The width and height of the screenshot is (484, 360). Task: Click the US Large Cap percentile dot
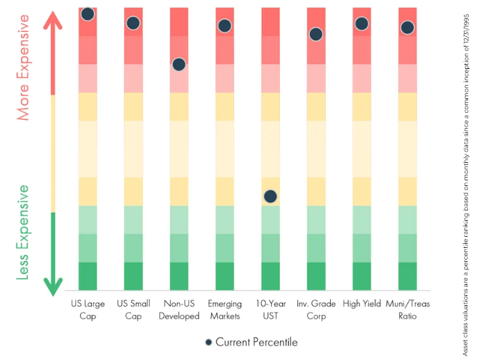tap(88, 14)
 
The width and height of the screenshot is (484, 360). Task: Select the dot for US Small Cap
tap(133, 23)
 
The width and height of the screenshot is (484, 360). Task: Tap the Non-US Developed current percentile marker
tap(179, 65)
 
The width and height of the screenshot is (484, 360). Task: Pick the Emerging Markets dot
tap(225, 26)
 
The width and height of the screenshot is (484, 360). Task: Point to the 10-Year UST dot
tap(270, 196)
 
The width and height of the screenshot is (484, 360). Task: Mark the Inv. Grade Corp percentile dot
tap(316, 34)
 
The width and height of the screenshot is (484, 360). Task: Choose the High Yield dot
tap(361, 24)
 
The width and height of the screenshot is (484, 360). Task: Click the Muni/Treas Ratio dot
tap(407, 28)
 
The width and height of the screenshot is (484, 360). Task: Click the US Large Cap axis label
tap(88, 310)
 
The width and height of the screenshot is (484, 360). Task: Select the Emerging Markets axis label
tap(225, 310)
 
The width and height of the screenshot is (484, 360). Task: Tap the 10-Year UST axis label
tap(270, 310)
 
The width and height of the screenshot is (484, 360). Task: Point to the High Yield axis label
tap(361, 304)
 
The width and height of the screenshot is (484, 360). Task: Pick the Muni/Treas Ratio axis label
tap(407, 310)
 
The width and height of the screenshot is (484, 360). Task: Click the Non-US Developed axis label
tap(179, 310)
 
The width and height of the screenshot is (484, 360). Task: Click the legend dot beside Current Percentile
tap(209, 342)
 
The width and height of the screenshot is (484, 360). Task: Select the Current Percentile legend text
tap(256, 342)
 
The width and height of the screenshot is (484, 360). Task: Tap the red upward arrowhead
tap(53, 20)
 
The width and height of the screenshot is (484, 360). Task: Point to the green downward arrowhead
tap(53, 287)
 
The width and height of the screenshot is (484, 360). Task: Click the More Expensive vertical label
tap(23, 68)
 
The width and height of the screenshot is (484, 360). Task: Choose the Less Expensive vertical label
tap(23, 233)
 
